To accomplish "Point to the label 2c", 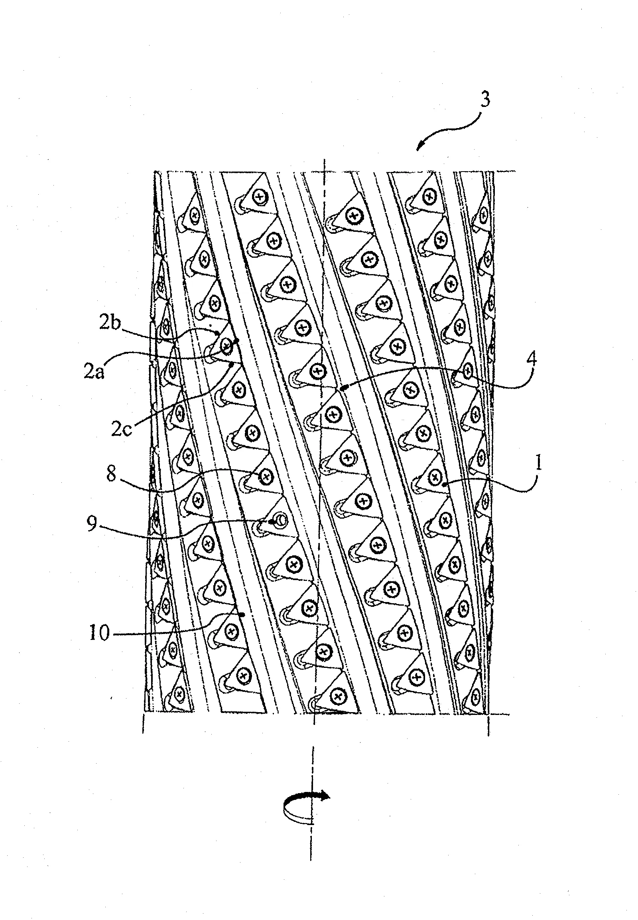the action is tap(121, 431).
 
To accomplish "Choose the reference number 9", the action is tap(93, 525).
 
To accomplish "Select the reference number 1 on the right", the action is tap(538, 464).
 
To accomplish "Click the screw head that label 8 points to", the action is tap(265, 476).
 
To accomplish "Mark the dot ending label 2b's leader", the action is tap(217, 332).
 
